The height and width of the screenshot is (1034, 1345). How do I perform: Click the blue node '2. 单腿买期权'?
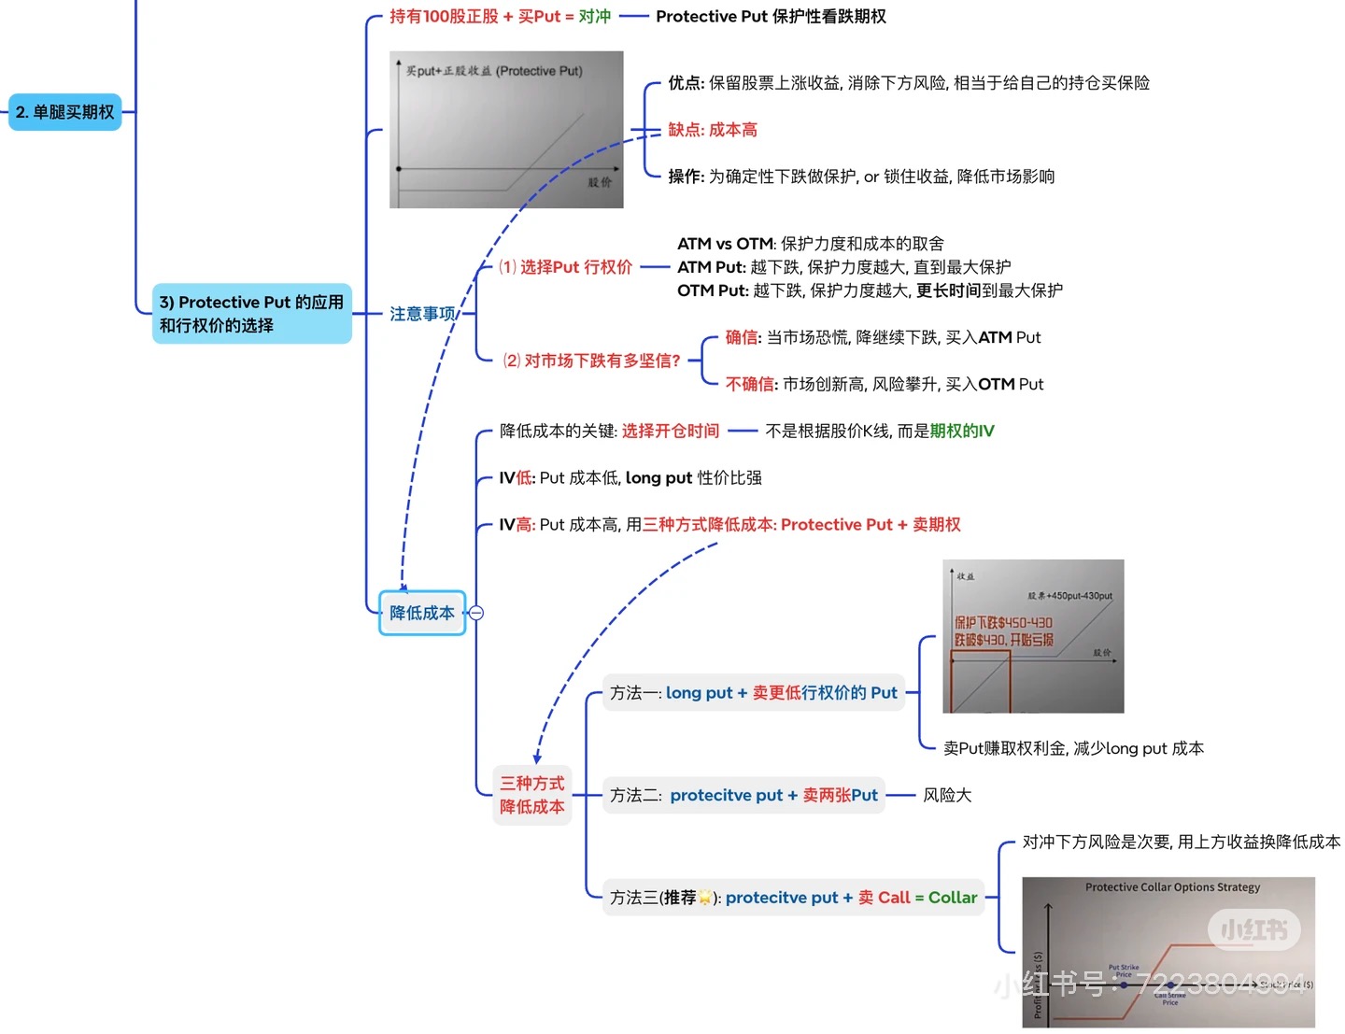pos(65,112)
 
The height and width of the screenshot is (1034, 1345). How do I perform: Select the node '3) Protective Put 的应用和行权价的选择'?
pos(251,314)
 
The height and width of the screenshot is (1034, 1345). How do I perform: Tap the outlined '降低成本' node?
pos(422,613)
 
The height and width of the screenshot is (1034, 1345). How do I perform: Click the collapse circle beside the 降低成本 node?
pos(476,613)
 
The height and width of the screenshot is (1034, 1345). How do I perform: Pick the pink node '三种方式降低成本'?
pos(532,795)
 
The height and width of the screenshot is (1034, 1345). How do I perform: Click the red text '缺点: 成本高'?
pos(713,130)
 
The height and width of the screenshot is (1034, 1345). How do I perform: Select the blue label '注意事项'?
pos(422,314)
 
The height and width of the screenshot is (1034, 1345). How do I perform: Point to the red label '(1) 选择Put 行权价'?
pos(565,267)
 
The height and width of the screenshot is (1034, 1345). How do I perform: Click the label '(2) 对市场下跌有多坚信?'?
pos(591,361)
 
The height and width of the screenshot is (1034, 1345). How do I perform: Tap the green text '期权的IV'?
pos(962,431)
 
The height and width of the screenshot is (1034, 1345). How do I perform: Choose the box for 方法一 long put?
pos(753,693)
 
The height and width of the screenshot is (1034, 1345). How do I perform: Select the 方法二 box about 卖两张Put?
pos(743,795)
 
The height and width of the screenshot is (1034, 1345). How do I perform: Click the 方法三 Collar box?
pos(793,898)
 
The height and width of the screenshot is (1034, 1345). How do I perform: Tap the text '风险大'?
pos(947,795)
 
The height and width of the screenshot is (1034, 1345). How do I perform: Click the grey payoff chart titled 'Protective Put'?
pos(506,130)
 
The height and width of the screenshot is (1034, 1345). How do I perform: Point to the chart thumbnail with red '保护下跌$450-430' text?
pos(1033,636)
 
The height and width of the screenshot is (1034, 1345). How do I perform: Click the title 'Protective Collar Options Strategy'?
pos(1172,887)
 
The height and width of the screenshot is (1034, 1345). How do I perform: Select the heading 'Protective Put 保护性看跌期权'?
pos(771,17)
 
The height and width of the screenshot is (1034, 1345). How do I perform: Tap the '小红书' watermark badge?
pos(1253,929)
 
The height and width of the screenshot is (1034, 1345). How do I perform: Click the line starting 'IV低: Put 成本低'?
pos(630,478)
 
